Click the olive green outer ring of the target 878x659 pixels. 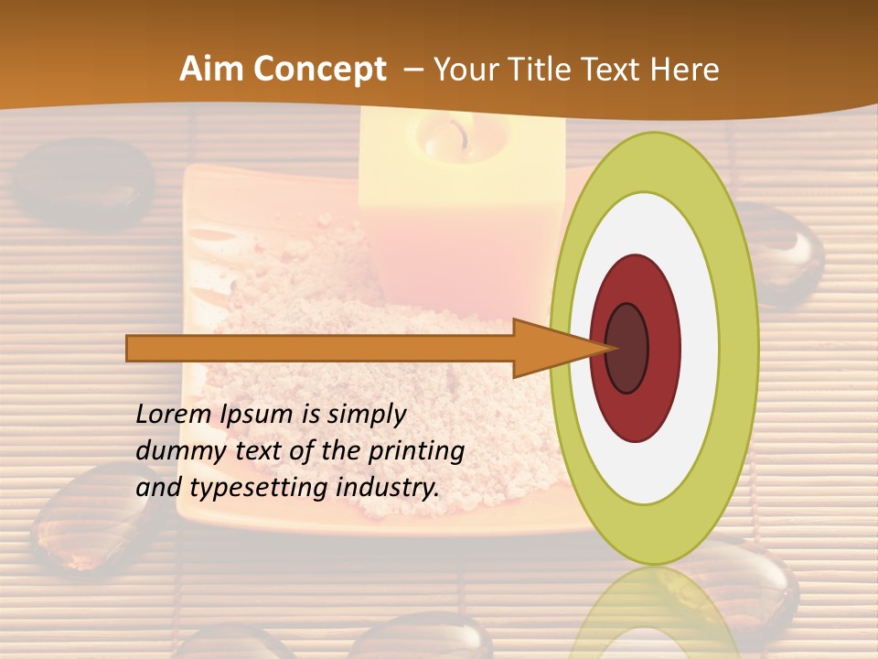pyautogui.click(x=738, y=348)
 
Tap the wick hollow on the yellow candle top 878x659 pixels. pyautogui.click(x=444, y=137)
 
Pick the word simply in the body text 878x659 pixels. pyautogui.click(x=366, y=414)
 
